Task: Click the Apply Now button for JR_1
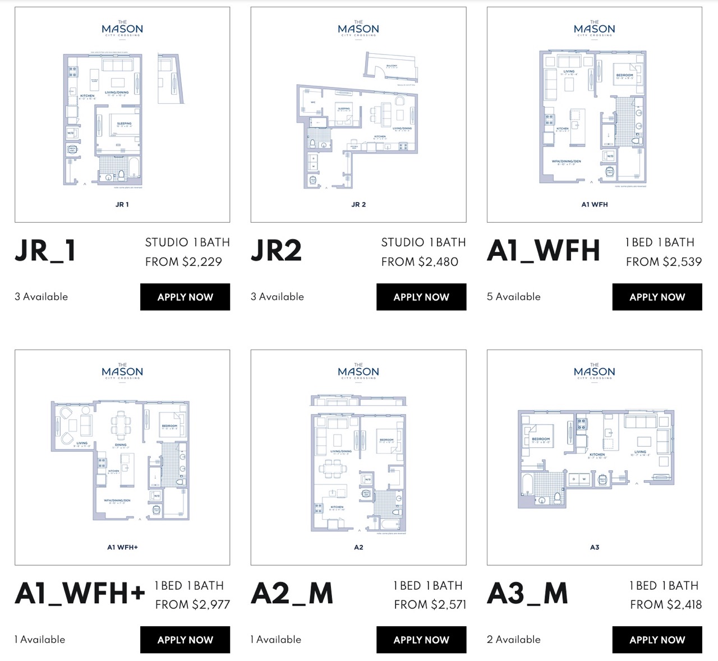pyautogui.click(x=185, y=297)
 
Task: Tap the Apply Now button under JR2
pyautogui.click(x=421, y=297)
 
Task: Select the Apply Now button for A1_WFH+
pyautogui.click(x=185, y=640)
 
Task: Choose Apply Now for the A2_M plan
pyautogui.click(x=421, y=640)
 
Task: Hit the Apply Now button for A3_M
pyautogui.click(x=657, y=640)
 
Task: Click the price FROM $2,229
pyautogui.click(x=183, y=261)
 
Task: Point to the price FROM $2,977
pyautogui.click(x=192, y=604)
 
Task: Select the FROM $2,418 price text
pyautogui.click(x=666, y=604)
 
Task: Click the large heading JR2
pyautogui.click(x=276, y=250)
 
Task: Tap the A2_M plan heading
pyautogui.click(x=292, y=593)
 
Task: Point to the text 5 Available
pyautogui.click(x=514, y=297)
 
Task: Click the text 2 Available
pyautogui.click(x=514, y=640)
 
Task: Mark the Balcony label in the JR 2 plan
pyautogui.click(x=392, y=66)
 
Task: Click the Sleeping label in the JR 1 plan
pyautogui.click(x=124, y=124)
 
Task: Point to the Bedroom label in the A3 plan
pyautogui.click(x=541, y=439)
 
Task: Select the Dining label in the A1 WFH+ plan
pyautogui.click(x=121, y=445)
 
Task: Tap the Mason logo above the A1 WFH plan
pyautogui.click(x=595, y=29)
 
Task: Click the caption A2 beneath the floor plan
pyautogui.click(x=358, y=547)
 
